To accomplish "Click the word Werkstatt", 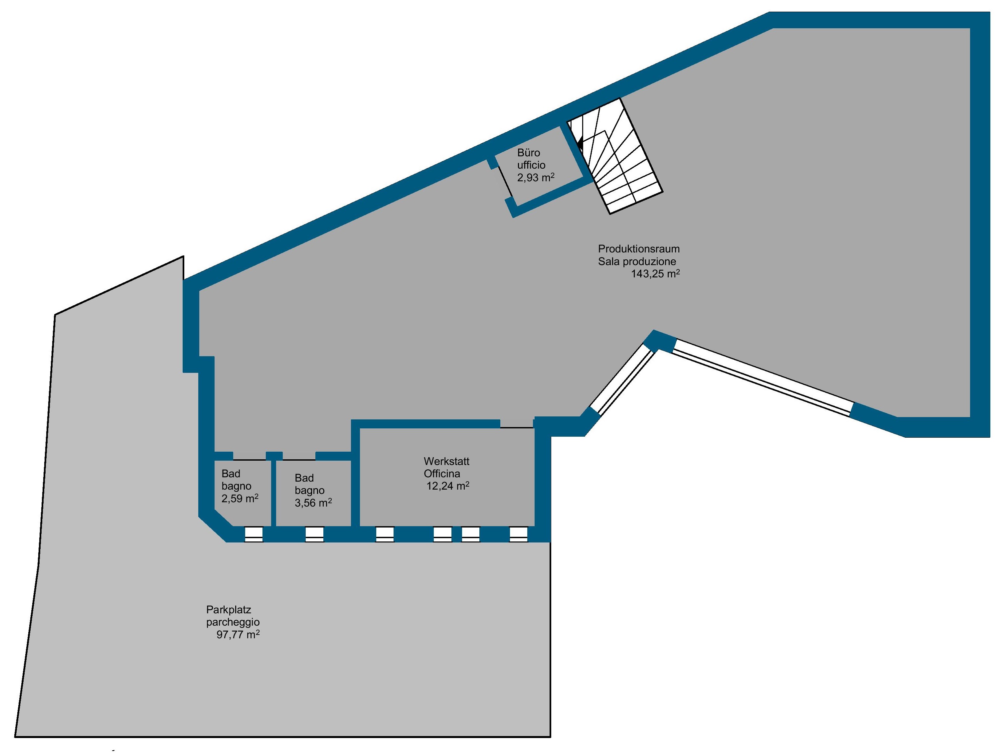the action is [x=447, y=461].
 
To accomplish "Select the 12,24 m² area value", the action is [x=447, y=486].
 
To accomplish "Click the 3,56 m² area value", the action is [x=313, y=503].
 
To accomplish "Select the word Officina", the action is [x=442, y=474].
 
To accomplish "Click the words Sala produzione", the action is [x=637, y=261].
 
